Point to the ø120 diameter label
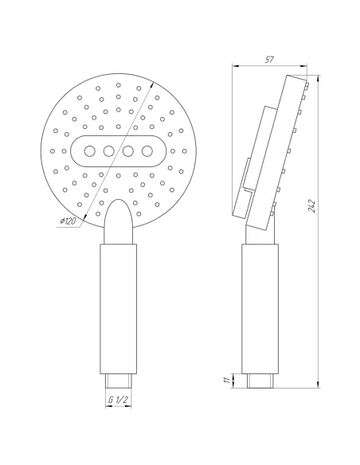(67, 221)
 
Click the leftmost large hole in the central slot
(88, 150)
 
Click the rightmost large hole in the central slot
(147, 150)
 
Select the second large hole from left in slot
(108, 150)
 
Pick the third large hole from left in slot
(128, 150)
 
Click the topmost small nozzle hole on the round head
(118, 84)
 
